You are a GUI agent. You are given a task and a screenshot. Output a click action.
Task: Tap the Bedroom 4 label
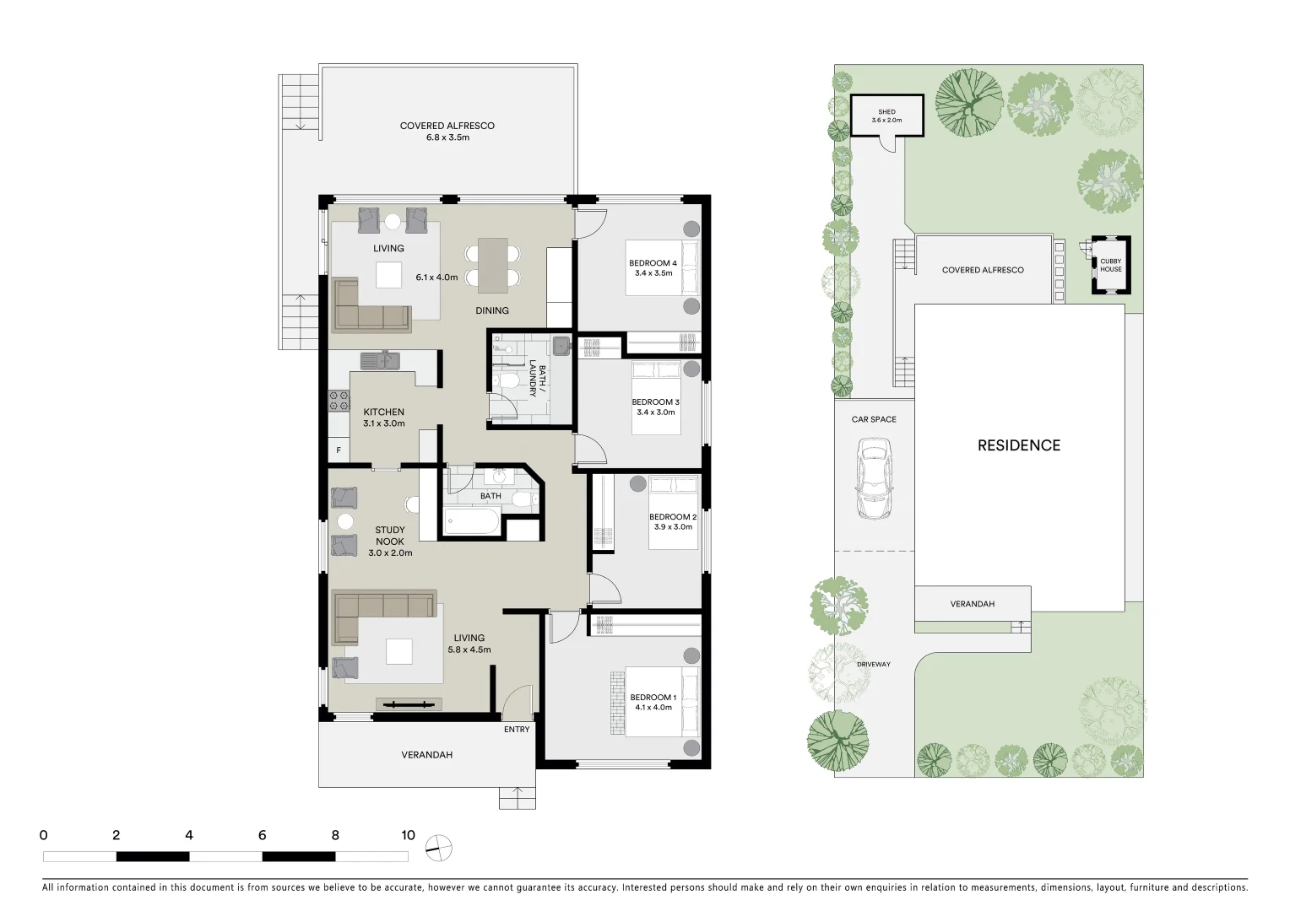[x=653, y=263]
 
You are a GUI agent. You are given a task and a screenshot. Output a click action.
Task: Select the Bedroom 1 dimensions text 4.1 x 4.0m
[x=653, y=708]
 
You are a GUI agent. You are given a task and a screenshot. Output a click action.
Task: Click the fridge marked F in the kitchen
[x=339, y=450]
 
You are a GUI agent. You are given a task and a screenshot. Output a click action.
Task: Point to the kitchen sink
[x=380, y=361]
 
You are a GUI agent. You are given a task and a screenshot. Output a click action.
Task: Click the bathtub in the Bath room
[x=471, y=520]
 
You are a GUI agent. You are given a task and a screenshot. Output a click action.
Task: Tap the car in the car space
[x=873, y=478]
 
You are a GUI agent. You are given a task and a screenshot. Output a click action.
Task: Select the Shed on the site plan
[x=886, y=116]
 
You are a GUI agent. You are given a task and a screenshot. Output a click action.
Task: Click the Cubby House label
[x=1110, y=265]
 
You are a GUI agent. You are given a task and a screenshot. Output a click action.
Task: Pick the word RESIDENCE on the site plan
[x=1018, y=445]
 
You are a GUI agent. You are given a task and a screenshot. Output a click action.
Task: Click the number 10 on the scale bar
[x=408, y=835]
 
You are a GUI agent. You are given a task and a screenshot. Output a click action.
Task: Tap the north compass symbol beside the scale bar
[x=438, y=849]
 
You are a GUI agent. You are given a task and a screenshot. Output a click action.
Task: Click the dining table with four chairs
[x=493, y=264]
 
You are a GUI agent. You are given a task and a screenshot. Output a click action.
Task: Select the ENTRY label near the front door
[x=517, y=730]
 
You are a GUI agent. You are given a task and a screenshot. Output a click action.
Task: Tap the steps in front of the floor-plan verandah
[x=517, y=797]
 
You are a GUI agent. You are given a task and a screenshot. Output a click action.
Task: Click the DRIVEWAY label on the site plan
[x=873, y=665]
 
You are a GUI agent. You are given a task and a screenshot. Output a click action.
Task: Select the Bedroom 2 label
[x=672, y=517]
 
